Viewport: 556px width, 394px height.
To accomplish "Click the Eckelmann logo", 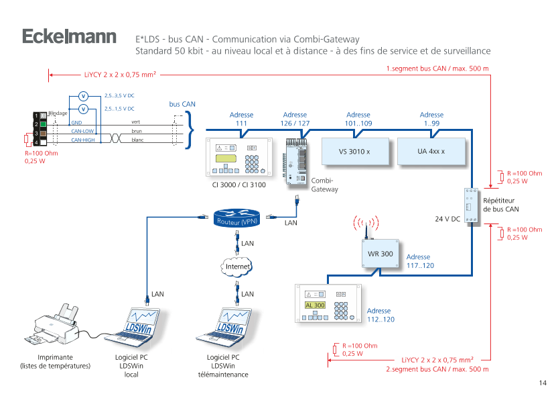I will point(68,37).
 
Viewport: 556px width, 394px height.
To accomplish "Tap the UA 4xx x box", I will point(431,152).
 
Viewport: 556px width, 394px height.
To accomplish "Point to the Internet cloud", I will point(237,266).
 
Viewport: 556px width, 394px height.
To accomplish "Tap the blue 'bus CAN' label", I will point(182,104).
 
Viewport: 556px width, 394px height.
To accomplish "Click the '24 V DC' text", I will point(447,219).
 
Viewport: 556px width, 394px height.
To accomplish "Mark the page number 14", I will point(543,383).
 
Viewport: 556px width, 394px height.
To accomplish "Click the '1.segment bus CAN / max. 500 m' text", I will point(437,69).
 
